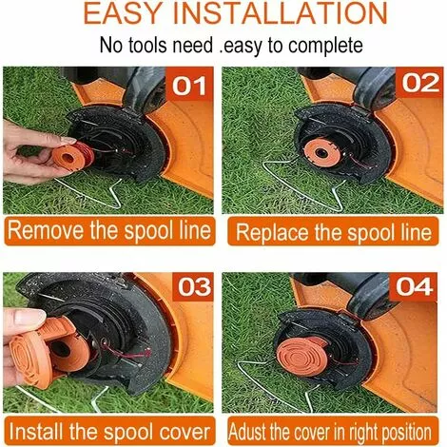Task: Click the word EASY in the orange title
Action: coord(124,13)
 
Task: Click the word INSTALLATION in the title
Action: coord(281,13)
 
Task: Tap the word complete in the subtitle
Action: coord(325,46)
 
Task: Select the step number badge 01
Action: coord(189,86)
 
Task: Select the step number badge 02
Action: coord(420,83)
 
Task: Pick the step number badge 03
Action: coord(193,287)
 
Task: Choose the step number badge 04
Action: coord(414,287)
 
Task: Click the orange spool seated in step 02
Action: coord(321,153)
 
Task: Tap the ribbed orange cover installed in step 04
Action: coord(302,357)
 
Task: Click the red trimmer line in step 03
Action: coord(126,351)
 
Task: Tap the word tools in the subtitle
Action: coord(148,45)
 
